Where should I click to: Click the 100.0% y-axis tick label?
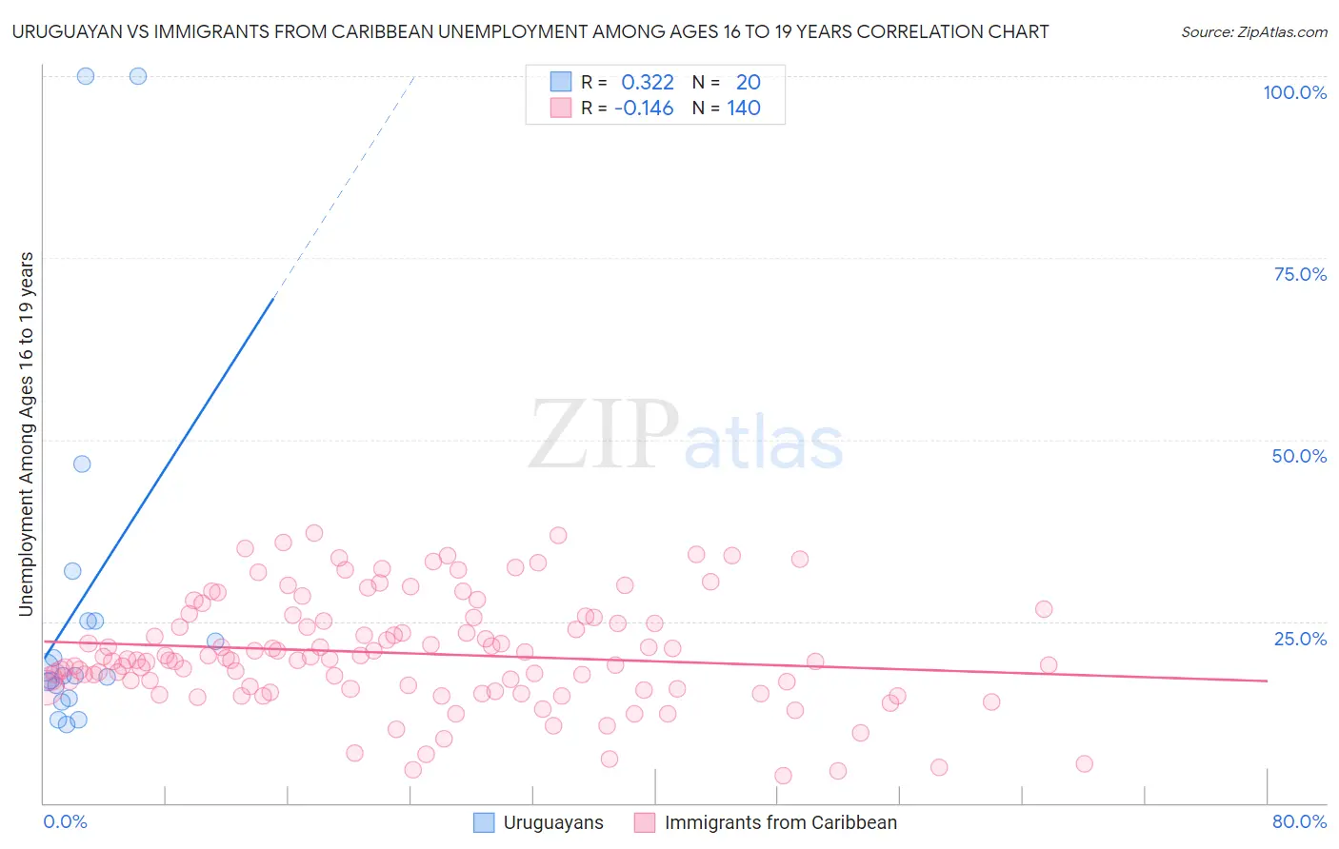1294,92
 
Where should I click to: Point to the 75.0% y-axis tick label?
1300,274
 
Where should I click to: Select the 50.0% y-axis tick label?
1299,456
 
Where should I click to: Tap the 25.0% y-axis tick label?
1300,639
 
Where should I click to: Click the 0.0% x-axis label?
65,822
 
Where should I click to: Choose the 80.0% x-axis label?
1299,822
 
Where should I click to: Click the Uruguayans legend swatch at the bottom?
484,823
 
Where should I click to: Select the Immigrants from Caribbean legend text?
780,823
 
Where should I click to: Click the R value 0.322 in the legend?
647,83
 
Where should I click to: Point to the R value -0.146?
644,109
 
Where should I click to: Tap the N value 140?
744,109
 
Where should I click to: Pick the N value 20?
748,83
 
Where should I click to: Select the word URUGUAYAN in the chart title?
70,31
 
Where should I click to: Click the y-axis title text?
27,433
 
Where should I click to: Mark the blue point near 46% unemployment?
82,464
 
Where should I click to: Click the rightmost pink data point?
1084,763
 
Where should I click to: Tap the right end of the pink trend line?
1267,681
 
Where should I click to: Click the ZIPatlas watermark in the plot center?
686,436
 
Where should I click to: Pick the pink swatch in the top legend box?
561,109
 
